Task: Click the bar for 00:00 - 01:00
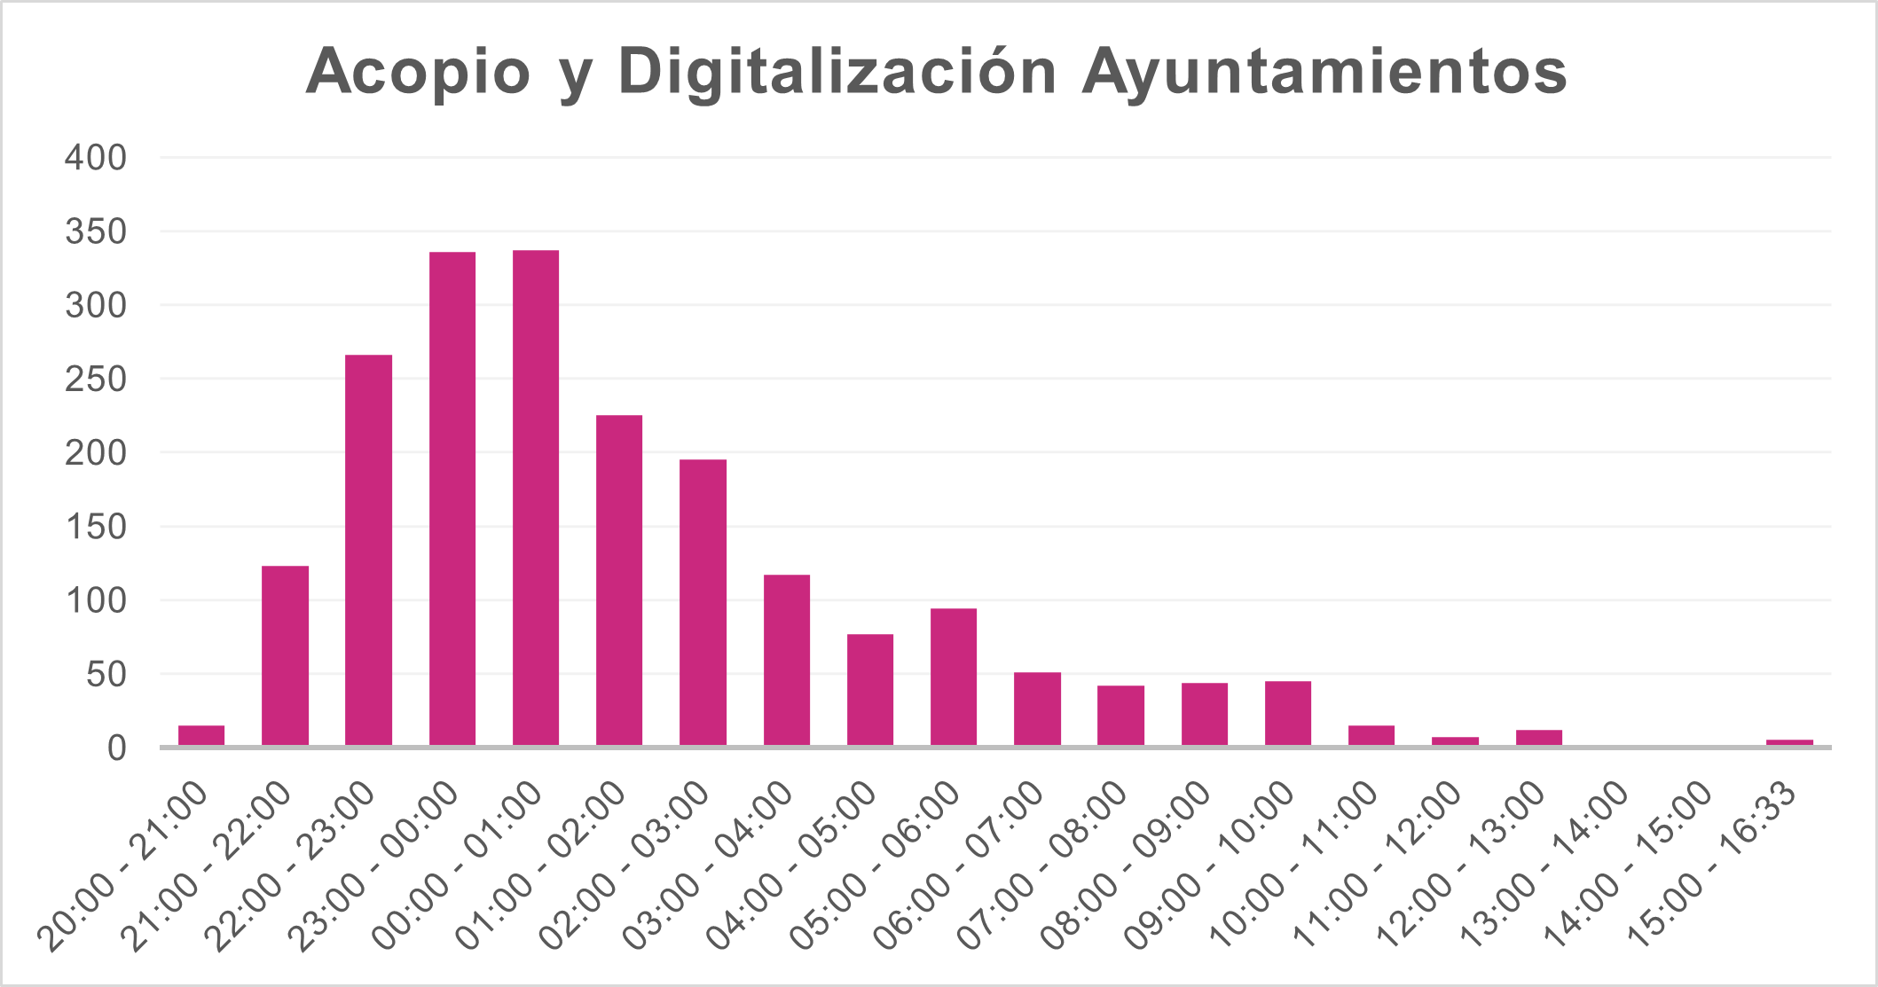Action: pyautogui.click(x=536, y=497)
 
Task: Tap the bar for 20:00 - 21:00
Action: pyautogui.click(x=201, y=736)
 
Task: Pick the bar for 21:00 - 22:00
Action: pyautogui.click(x=285, y=655)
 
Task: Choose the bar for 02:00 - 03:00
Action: pyautogui.click(x=703, y=602)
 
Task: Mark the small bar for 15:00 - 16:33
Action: pyautogui.click(x=1789, y=742)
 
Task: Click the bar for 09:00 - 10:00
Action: pyautogui.click(x=1288, y=713)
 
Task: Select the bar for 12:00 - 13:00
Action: pyautogui.click(x=1539, y=738)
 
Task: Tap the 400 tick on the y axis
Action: pyautogui.click(x=96, y=159)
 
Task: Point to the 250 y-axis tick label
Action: pyautogui.click(x=96, y=380)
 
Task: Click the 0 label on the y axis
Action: pyautogui.click(x=117, y=748)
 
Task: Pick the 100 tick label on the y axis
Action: pyautogui.click(x=96, y=601)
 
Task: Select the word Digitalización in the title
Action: pyautogui.click(x=837, y=71)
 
